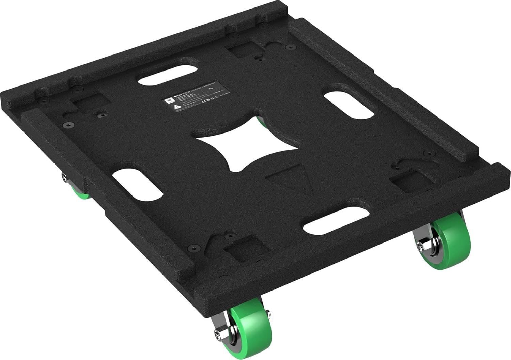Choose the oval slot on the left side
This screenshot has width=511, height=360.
(137, 183)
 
